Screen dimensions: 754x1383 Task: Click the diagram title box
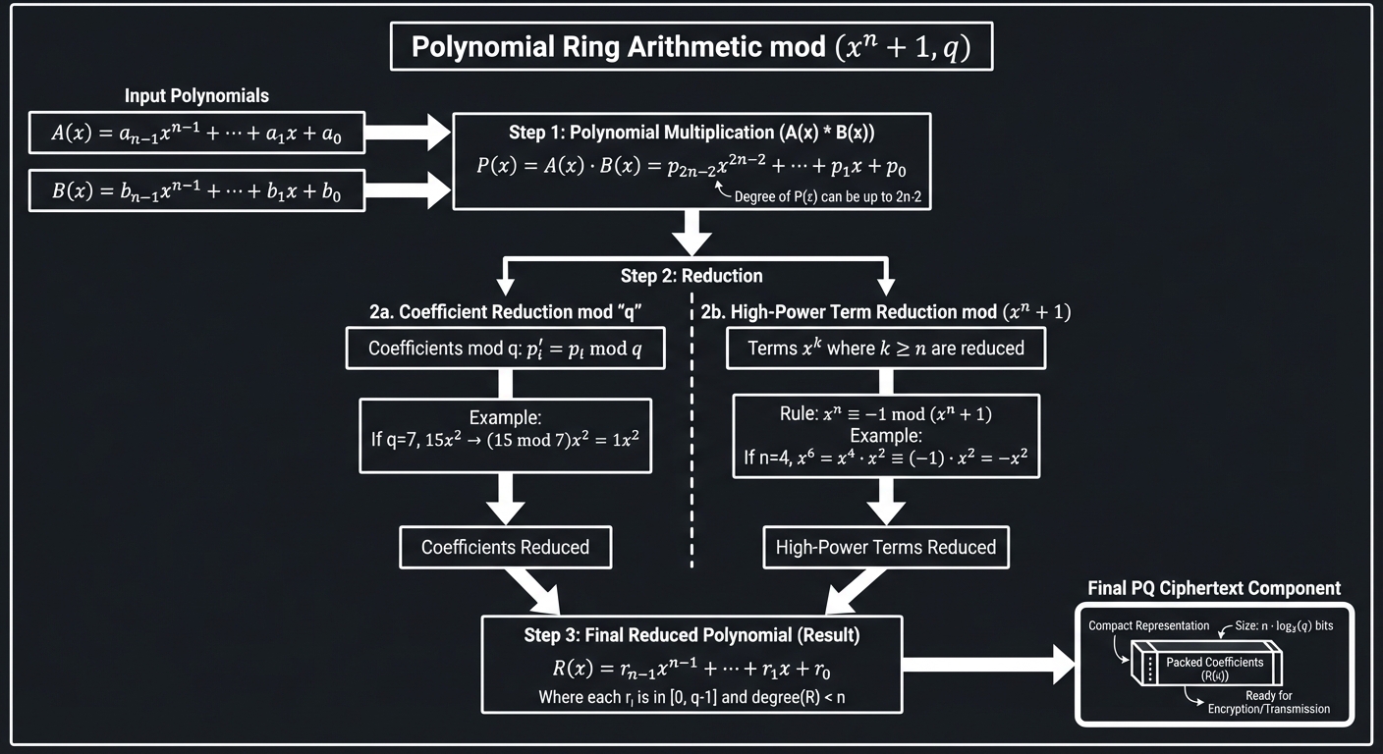(x=691, y=47)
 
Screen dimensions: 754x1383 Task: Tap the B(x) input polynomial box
(x=196, y=190)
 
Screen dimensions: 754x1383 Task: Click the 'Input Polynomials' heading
(x=196, y=96)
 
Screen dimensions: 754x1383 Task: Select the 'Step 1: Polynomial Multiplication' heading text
(x=691, y=133)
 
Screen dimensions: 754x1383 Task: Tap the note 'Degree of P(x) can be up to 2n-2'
(x=830, y=196)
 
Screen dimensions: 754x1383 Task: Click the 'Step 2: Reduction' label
(x=691, y=276)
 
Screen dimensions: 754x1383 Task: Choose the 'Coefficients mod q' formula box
(x=505, y=349)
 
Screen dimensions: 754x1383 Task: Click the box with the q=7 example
(x=505, y=427)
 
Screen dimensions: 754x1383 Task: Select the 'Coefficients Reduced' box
(x=505, y=547)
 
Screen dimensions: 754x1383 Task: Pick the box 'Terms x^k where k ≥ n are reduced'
(x=885, y=349)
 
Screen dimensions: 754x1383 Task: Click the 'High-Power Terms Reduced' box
(x=885, y=547)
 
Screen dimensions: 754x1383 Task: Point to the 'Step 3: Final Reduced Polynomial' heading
(x=691, y=635)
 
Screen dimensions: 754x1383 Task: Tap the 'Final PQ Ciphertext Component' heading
(x=1214, y=588)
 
